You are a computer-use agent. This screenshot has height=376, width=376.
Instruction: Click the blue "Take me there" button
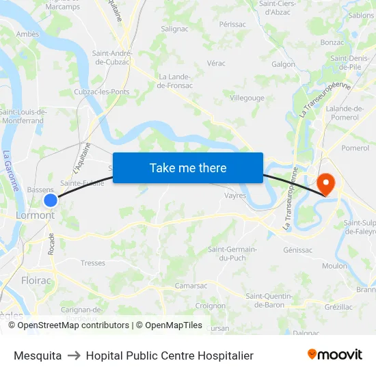188,167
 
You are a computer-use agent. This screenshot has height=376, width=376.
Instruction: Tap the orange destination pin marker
325,183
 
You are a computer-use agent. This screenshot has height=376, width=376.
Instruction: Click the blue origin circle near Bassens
51,200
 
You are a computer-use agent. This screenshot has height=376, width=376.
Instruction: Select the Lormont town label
35,215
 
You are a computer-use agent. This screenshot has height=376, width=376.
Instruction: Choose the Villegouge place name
247,98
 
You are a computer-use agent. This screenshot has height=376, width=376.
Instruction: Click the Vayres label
235,196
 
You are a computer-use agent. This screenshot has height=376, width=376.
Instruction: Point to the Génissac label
297,250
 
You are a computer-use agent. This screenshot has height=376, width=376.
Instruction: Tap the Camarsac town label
191,286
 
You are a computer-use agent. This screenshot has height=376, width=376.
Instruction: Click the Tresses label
93,263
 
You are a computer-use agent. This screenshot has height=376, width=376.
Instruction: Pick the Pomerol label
355,148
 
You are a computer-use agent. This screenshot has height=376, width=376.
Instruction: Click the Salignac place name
174,29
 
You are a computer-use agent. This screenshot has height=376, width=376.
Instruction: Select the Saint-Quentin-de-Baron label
269,301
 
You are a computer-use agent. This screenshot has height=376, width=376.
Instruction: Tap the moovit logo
335,355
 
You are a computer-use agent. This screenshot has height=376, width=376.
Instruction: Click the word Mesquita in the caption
38,355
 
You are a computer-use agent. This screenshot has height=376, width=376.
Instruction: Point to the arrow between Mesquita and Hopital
74,355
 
